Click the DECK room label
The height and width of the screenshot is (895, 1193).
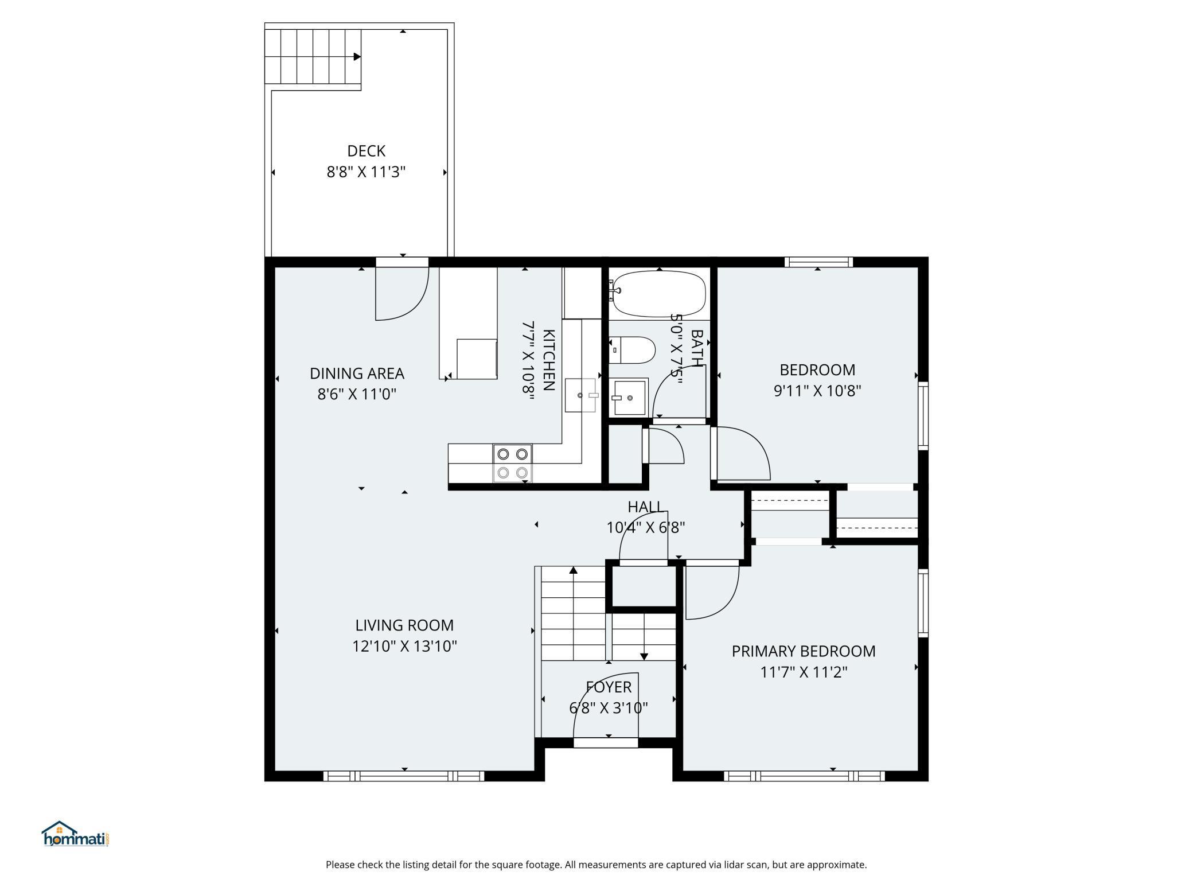pyautogui.click(x=366, y=151)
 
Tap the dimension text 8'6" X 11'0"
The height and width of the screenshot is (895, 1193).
pyautogui.click(x=357, y=394)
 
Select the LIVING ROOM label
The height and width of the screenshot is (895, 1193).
pyautogui.click(x=404, y=625)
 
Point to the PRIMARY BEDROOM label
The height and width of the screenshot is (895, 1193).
pyautogui.click(x=804, y=651)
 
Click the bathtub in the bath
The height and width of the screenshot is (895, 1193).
pyautogui.click(x=657, y=294)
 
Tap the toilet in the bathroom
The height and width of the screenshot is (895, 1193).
pyautogui.click(x=631, y=350)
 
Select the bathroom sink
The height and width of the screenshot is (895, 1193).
pyautogui.click(x=629, y=397)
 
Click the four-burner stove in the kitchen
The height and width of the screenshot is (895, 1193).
pyautogui.click(x=512, y=463)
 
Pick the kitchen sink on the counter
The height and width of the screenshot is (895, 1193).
pyautogui.click(x=581, y=395)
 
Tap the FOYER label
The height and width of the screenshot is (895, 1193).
pyautogui.click(x=609, y=687)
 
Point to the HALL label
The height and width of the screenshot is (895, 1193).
pyautogui.click(x=646, y=507)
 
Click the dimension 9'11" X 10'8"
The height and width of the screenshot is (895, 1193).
pyautogui.click(x=817, y=391)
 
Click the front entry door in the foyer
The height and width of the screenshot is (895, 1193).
pyautogui.click(x=606, y=710)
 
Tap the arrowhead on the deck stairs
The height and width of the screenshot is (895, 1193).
pyautogui.click(x=357, y=57)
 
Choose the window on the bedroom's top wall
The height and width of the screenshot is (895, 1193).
pyautogui.click(x=818, y=262)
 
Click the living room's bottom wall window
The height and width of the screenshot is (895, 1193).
pyautogui.click(x=404, y=776)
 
